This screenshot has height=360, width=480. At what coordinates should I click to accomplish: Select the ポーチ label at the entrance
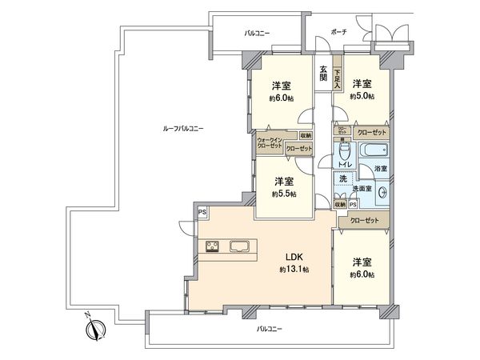click(x=338, y=31)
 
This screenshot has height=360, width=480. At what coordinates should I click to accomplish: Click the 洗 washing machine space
click(x=343, y=181)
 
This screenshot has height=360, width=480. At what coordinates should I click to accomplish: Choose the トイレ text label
click(x=344, y=166)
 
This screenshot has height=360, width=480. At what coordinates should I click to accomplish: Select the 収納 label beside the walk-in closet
click(x=306, y=135)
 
